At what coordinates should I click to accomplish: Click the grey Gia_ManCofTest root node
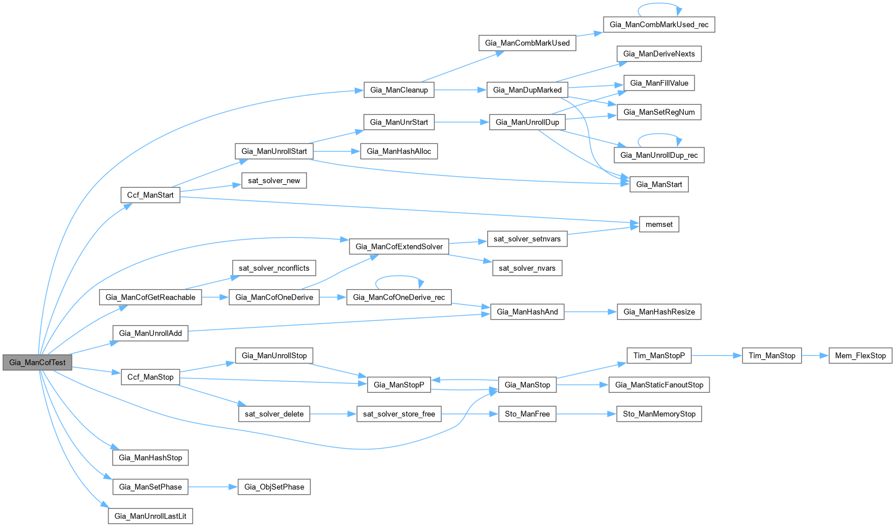pyautogui.click(x=37, y=363)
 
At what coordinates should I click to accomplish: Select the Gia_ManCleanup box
pyautogui.click(x=399, y=90)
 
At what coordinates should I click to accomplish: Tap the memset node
pyautogui.click(x=659, y=225)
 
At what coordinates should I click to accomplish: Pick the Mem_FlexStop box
pyautogui.click(x=860, y=355)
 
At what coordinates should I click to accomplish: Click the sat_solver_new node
pyautogui.click(x=274, y=180)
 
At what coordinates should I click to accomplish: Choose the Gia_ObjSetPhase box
pyautogui.click(x=274, y=487)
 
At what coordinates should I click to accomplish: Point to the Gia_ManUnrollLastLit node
pyautogui.click(x=150, y=516)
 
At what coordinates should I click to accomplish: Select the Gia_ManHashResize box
pyautogui.click(x=659, y=312)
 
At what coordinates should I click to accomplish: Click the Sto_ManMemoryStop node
pyautogui.click(x=659, y=414)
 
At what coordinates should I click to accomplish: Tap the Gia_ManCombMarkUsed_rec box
pyautogui.click(x=659, y=24)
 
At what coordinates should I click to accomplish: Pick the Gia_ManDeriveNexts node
pyautogui.click(x=659, y=54)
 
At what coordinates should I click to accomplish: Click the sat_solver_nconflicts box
pyautogui.click(x=274, y=268)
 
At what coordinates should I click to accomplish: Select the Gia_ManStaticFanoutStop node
pyautogui.click(x=659, y=385)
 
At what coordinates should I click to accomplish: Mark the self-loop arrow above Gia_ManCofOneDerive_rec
pyautogui.click(x=399, y=277)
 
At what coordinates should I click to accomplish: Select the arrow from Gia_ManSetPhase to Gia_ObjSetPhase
pyautogui.click(x=213, y=487)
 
